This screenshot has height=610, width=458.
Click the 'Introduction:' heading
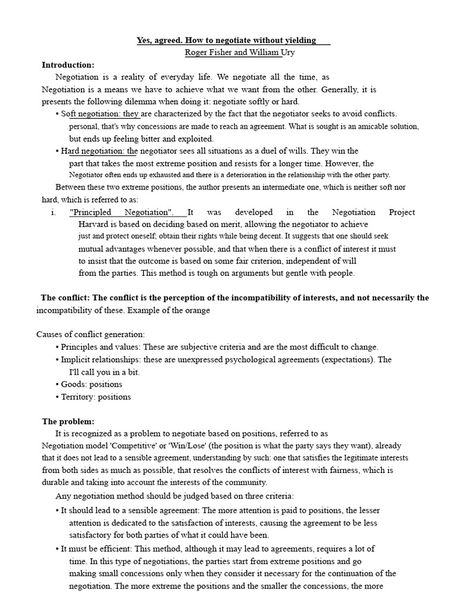point(68,64)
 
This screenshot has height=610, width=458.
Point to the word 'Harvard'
point(92,225)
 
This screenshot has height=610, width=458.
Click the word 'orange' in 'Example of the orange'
point(197,310)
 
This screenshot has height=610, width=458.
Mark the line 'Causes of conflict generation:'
point(91,335)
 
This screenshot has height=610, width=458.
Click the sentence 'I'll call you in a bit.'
point(104,372)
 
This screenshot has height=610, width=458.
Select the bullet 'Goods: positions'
point(91,384)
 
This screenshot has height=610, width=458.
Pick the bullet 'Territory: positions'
point(95,397)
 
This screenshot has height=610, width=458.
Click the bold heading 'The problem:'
point(68,421)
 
